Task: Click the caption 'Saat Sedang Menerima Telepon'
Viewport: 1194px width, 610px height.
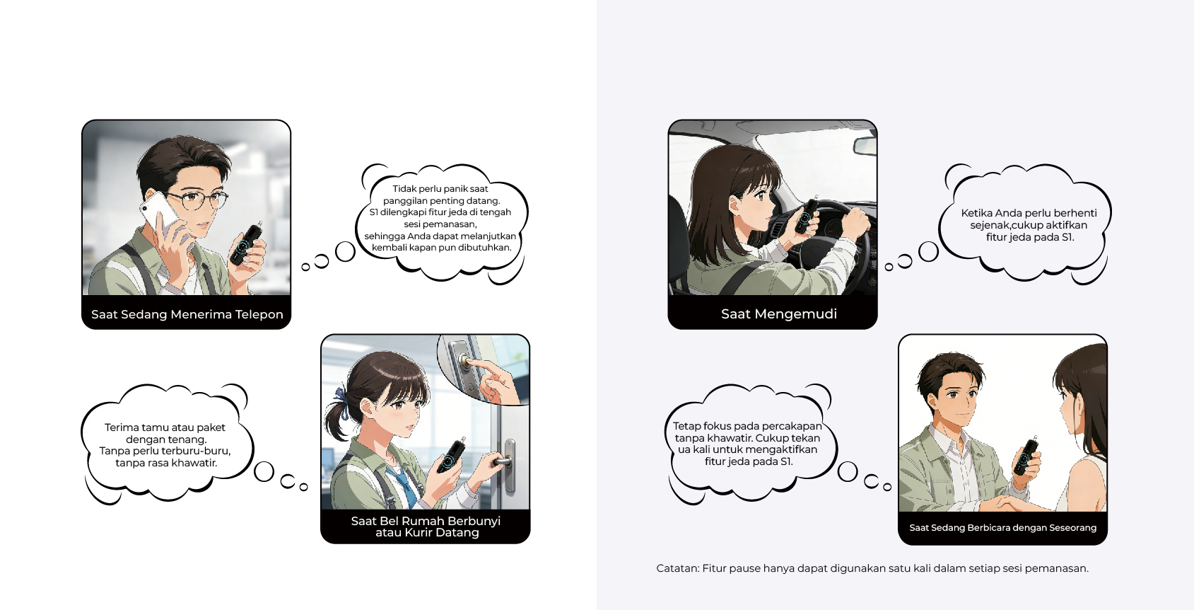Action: coord(187,314)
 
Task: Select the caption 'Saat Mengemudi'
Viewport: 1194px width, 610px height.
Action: coord(779,313)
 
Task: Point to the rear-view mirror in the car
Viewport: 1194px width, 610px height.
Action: coord(865,146)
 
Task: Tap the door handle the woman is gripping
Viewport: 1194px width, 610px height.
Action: coord(505,460)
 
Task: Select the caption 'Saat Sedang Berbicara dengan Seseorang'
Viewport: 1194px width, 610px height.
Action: coord(1002,528)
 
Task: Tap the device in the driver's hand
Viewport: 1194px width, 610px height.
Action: coord(806,215)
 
